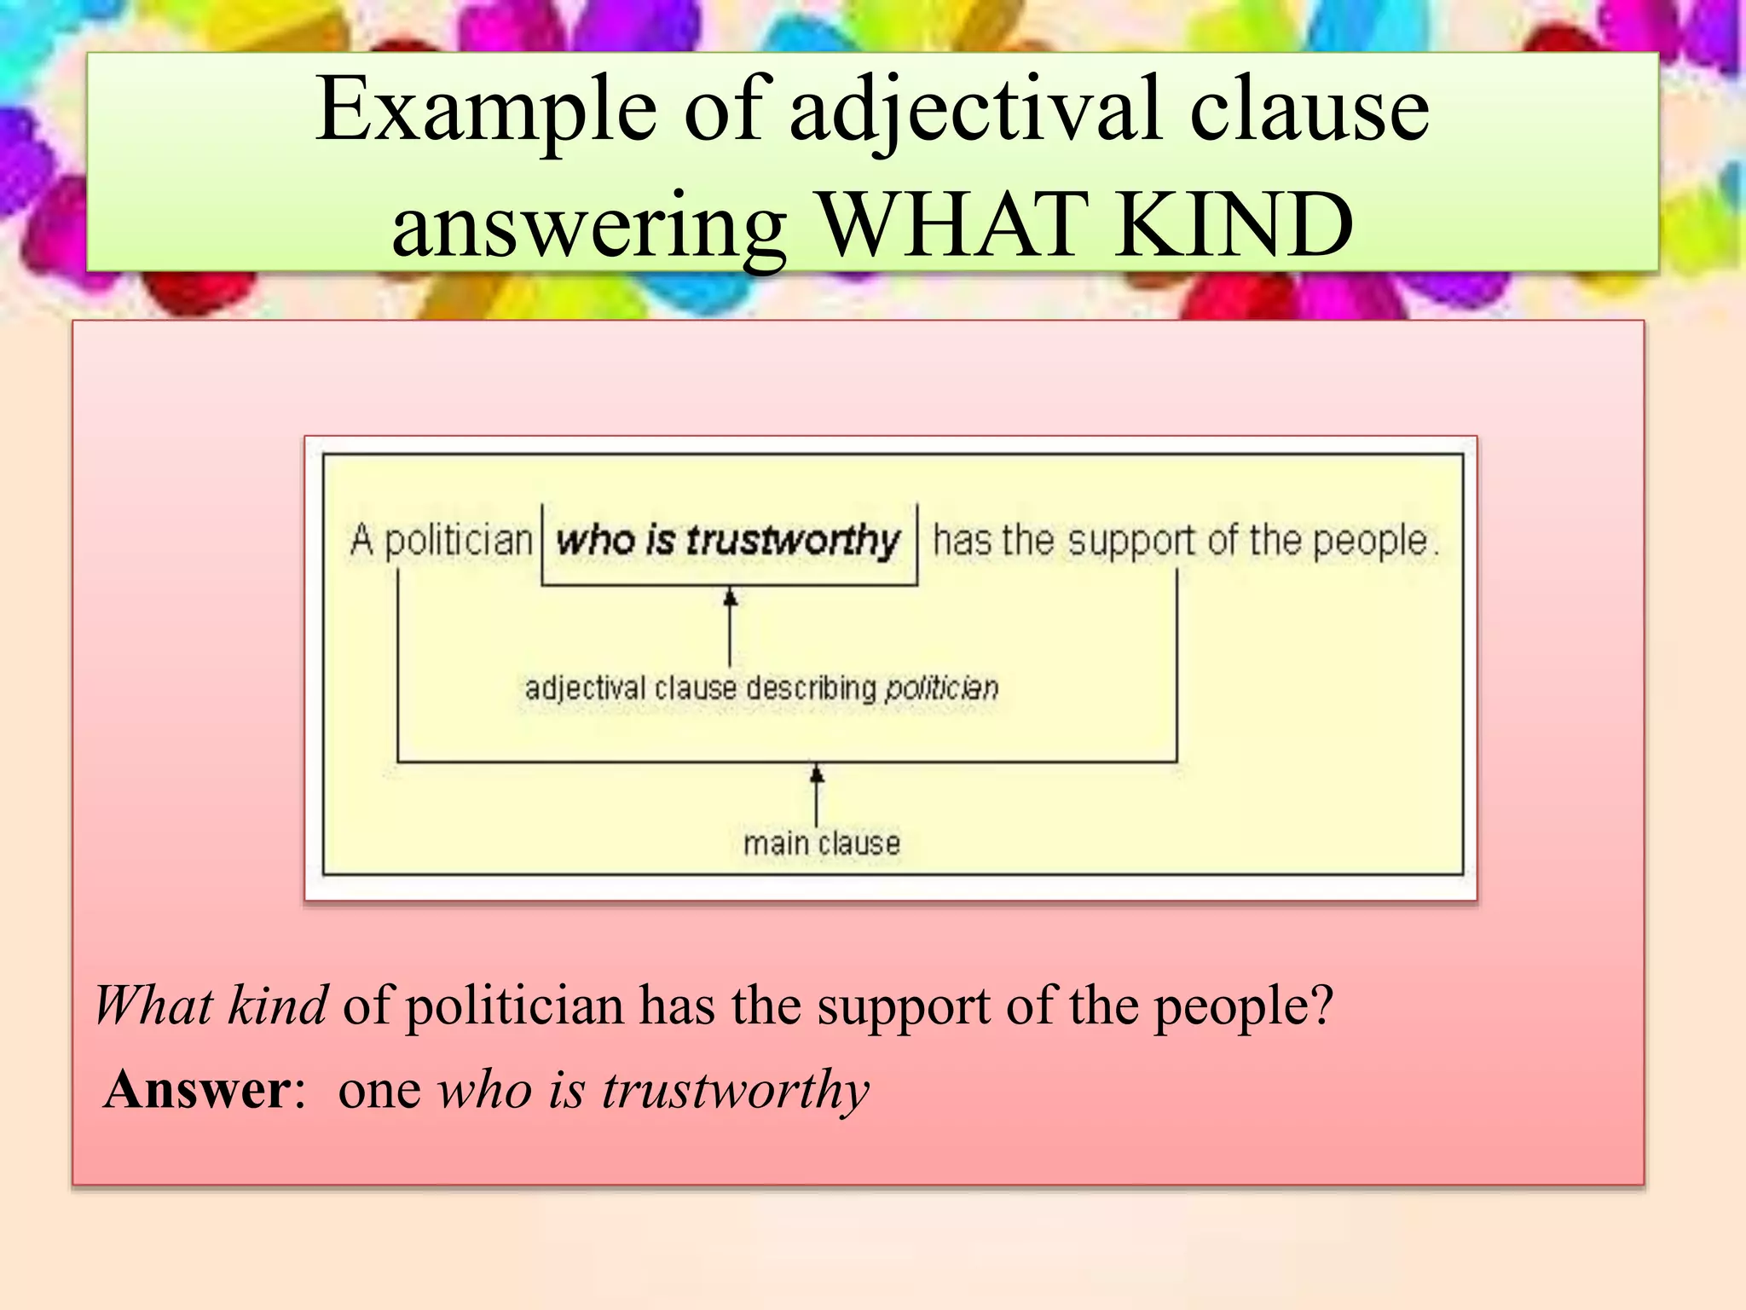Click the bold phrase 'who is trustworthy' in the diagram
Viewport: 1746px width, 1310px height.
pyautogui.click(x=727, y=540)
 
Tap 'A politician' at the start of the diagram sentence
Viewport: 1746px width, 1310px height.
pyautogui.click(x=441, y=541)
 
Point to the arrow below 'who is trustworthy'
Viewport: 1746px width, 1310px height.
pyautogui.click(x=730, y=626)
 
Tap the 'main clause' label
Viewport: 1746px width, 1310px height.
pyautogui.click(x=822, y=843)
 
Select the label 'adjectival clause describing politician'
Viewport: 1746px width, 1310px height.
pyautogui.click(x=761, y=687)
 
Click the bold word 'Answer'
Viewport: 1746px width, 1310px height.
pyautogui.click(x=198, y=1089)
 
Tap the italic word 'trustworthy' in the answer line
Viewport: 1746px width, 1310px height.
pyautogui.click(x=736, y=1091)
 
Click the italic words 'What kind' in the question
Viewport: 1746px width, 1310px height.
pyautogui.click(x=211, y=1006)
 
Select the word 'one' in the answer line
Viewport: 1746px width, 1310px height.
pyautogui.click(x=379, y=1091)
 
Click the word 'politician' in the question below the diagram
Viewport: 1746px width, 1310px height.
pyautogui.click(x=514, y=1006)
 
